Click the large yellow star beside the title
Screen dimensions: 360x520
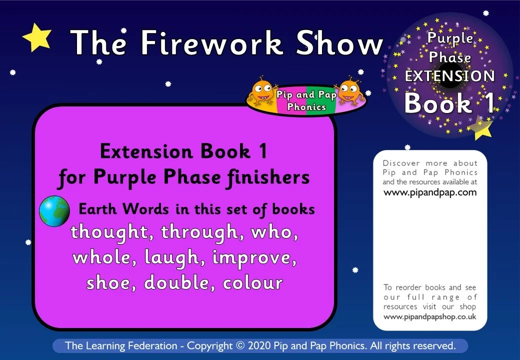click(x=37, y=37)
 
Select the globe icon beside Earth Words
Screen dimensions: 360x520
click(x=54, y=210)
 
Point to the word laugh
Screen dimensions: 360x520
click(x=173, y=258)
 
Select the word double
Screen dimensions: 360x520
click(x=179, y=283)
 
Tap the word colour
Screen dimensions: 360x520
click(x=253, y=283)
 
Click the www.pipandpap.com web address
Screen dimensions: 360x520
click(x=430, y=192)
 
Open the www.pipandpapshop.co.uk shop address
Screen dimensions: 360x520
click(x=430, y=317)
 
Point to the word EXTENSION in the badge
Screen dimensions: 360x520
click(x=449, y=76)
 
